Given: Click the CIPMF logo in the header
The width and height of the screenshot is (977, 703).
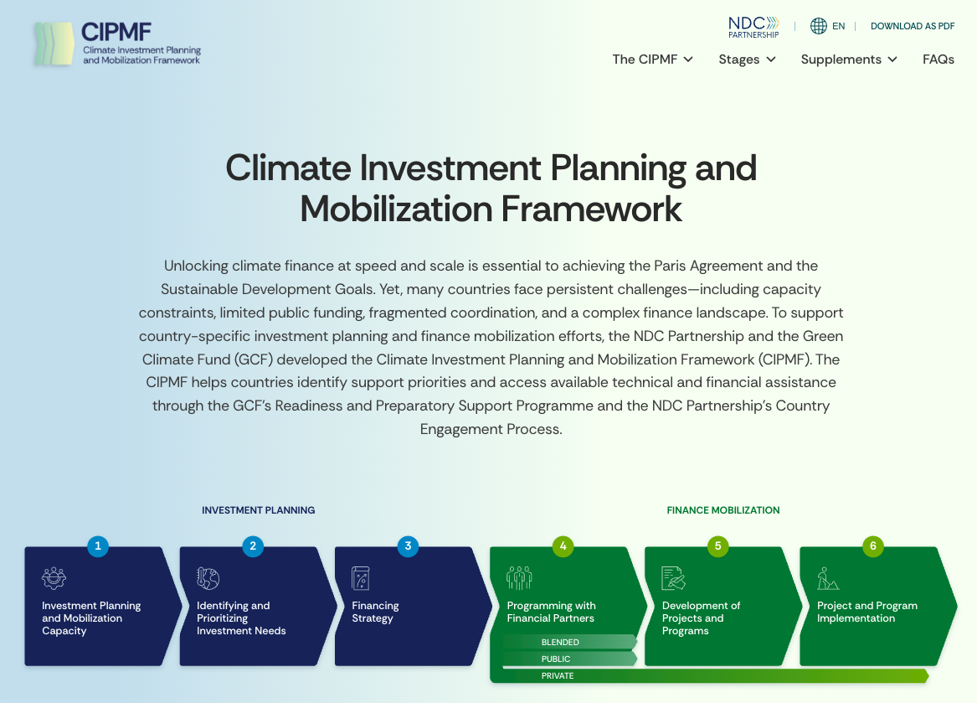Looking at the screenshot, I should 117,44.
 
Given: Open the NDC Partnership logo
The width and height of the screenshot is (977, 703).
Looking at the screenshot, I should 753,27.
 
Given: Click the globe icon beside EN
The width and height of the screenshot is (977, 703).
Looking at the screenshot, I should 818,26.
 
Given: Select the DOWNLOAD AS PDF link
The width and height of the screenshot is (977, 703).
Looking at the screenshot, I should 913,26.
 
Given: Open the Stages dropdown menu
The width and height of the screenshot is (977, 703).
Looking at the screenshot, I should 747,59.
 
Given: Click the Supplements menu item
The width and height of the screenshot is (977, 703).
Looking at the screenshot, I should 849,59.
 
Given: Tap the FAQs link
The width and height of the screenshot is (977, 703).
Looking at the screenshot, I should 938,59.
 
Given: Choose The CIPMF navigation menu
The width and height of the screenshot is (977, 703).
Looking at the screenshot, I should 652,59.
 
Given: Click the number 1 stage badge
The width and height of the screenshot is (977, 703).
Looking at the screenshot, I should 98,546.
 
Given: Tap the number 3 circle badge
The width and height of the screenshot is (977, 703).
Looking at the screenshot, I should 408,546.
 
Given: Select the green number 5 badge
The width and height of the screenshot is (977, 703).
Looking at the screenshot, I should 717,546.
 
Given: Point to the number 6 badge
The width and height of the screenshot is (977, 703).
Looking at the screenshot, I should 873,546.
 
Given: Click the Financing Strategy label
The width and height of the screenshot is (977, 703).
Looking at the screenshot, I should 375,612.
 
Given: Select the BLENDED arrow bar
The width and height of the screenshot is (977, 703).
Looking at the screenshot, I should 569,642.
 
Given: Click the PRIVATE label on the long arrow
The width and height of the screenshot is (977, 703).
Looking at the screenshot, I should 558,675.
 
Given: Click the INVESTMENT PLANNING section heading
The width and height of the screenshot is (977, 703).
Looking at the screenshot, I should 258,509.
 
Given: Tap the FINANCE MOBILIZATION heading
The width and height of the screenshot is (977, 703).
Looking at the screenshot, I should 722,509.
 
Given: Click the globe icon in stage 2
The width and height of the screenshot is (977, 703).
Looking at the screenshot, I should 208,578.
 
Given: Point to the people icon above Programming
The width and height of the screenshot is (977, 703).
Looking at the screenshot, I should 519,578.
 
